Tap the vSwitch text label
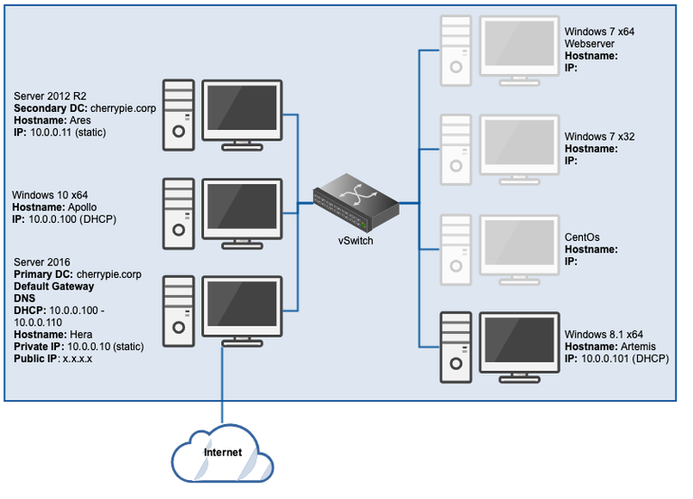tap(355, 242)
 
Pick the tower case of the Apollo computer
tap(178, 212)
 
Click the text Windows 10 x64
tap(50, 194)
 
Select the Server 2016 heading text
tap(42, 261)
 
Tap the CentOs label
tap(582, 237)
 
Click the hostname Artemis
tap(636, 347)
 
